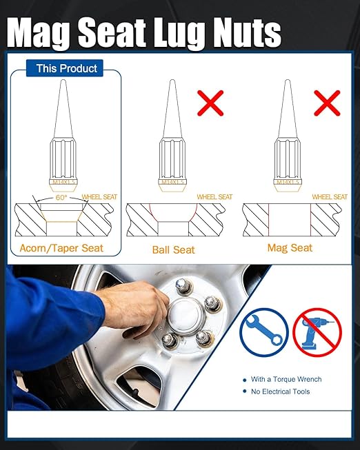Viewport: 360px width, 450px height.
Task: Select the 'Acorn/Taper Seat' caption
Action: [x=62, y=248]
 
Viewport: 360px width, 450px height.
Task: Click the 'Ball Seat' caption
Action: [x=174, y=249]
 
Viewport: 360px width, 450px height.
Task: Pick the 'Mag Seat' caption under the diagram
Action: [x=290, y=247]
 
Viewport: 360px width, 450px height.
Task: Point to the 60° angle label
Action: [x=61, y=198]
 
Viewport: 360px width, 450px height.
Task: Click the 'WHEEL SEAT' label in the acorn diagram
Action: [x=99, y=197]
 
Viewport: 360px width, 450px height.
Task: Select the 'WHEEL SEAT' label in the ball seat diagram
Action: [x=214, y=197]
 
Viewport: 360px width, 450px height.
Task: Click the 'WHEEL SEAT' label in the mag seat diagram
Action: [x=330, y=197]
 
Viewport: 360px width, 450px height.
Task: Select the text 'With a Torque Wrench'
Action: [x=286, y=379]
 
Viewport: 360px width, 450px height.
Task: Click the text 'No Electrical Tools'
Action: [x=281, y=391]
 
